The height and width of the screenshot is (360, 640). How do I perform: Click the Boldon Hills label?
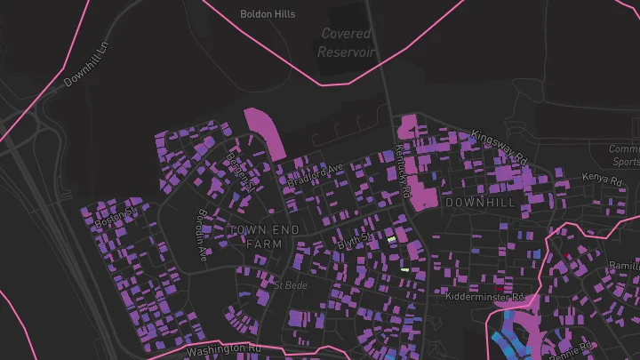[x=268, y=14]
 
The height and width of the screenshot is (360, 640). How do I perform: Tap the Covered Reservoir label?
[x=347, y=44]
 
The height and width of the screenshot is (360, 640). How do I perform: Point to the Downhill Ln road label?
[x=85, y=68]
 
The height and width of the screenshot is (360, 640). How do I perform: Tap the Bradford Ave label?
[x=314, y=174]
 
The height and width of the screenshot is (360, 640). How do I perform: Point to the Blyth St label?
[x=353, y=241]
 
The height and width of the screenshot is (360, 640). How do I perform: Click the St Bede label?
[x=290, y=285]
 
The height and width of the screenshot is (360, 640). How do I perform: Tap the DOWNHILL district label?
[x=480, y=204]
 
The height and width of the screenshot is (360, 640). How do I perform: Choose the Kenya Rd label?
[x=599, y=178]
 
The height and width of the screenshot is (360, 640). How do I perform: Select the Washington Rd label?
[x=225, y=350]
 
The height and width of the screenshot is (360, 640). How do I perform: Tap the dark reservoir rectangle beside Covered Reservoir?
[x=347, y=18]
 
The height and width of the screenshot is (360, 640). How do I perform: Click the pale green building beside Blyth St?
[x=391, y=239]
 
